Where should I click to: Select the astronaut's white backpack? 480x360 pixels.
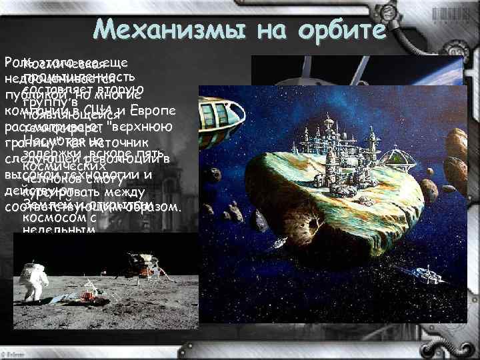click(x=27, y=275)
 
